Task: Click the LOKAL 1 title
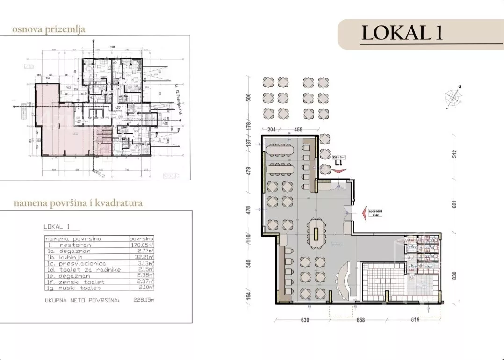pos(402,33)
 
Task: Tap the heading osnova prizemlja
pos(49,29)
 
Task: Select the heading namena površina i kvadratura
pos(78,203)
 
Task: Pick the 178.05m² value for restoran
pos(142,244)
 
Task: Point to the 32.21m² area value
pos(142,257)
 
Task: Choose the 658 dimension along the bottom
pos(360,320)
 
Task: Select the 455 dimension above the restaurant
pos(298,130)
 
